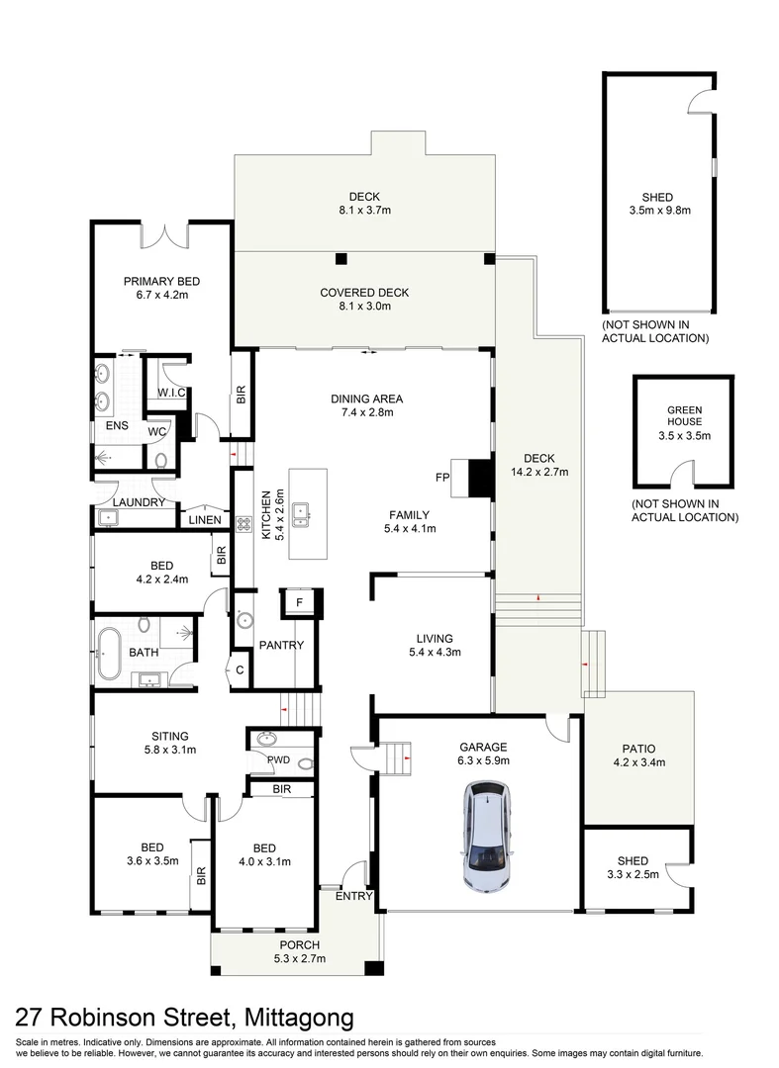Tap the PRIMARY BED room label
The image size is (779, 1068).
pos(154,280)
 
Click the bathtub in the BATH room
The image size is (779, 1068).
pos(109,652)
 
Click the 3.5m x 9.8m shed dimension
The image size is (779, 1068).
pos(658,211)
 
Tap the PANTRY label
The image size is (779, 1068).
pos(281,646)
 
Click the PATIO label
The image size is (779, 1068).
pos(638,748)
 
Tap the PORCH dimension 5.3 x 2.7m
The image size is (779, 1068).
pos(300,958)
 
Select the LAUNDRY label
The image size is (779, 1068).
pos(137,502)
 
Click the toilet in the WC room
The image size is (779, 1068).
pos(161,458)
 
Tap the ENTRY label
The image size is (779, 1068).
pos(352,897)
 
